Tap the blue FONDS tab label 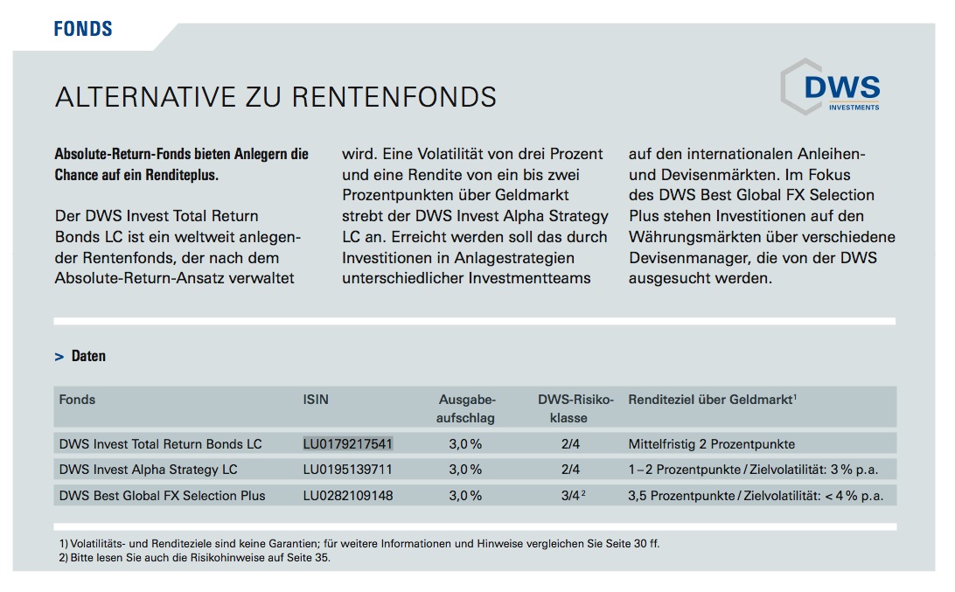(83, 29)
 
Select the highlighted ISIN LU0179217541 (348, 443)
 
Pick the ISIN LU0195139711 (348, 470)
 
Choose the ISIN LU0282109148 (348, 496)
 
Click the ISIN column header (316, 400)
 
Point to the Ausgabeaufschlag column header (466, 408)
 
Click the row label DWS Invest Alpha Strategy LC (148, 470)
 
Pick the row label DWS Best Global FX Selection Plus (162, 496)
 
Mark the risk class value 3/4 (571, 496)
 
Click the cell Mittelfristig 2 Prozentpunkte (712, 443)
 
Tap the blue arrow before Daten (59, 357)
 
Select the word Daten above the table (88, 356)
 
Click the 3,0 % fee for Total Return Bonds (465, 443)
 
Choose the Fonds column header (77, 400)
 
